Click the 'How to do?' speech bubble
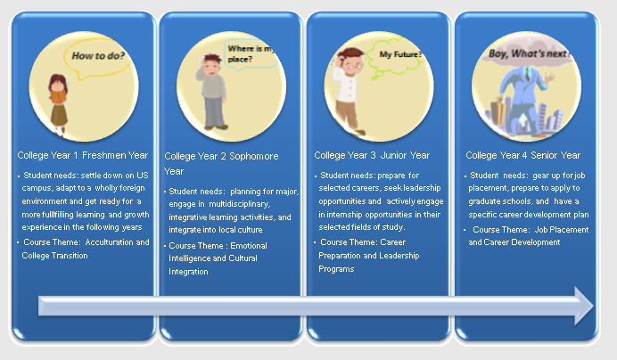pyautogui.click(x=98, y=59)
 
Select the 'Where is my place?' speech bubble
pyautogui.click(x=251, y=54)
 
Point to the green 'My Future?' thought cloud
pyautogui.click(x=396, y=57)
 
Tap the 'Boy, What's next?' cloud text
pyautogui.click(x=530, y=53)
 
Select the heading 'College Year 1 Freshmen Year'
pyautogui.click(x=83, y=155)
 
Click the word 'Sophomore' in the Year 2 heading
pyautogui.click(x=254, y=156)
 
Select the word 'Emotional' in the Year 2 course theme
pyautogui.click(x=249, y=246)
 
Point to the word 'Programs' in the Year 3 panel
pyautogui.click(x=336, y=269)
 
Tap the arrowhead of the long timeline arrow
pyautogui.click(x=584, y=306)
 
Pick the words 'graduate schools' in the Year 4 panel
pyautogui.click(x=499, y=201)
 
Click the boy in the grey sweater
pyautogui.click(x=212, y=93)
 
